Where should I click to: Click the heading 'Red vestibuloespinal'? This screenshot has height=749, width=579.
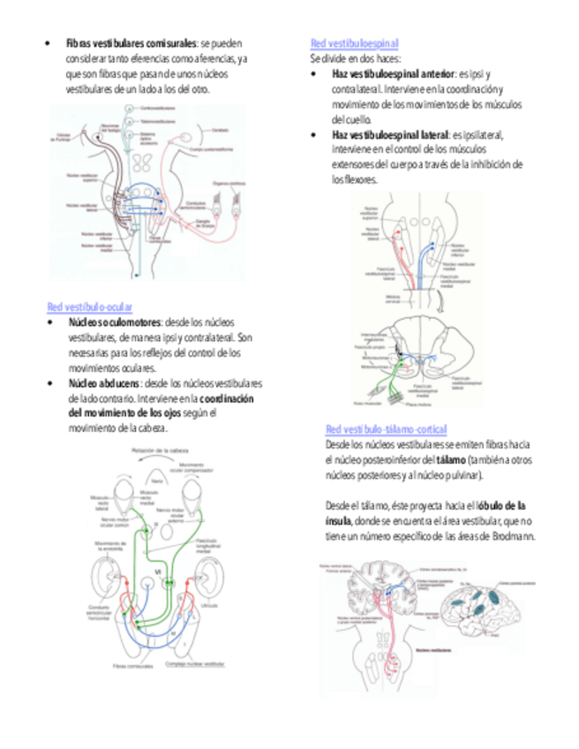click(x=354, y=42)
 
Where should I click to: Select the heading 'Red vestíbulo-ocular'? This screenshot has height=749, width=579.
click(x=89, y=307)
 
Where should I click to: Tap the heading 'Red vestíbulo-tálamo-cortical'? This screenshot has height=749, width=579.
click(x=386, y=428)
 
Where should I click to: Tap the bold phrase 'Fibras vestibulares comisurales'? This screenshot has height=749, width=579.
click(x=132, y=42)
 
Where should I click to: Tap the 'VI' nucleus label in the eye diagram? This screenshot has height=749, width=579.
click(x=158, y=576)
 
